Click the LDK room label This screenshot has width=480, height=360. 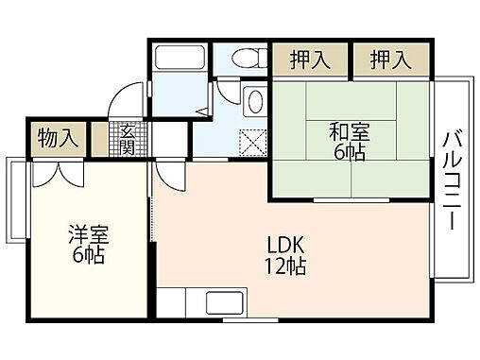pos(284,242)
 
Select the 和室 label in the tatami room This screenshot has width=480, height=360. pos(350,131)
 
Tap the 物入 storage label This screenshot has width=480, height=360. pos(58,138)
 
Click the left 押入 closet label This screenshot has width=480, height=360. pos(311,60)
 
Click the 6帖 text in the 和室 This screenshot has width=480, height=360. pos(350,152)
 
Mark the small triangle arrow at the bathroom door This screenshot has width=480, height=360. pos(200,111)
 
